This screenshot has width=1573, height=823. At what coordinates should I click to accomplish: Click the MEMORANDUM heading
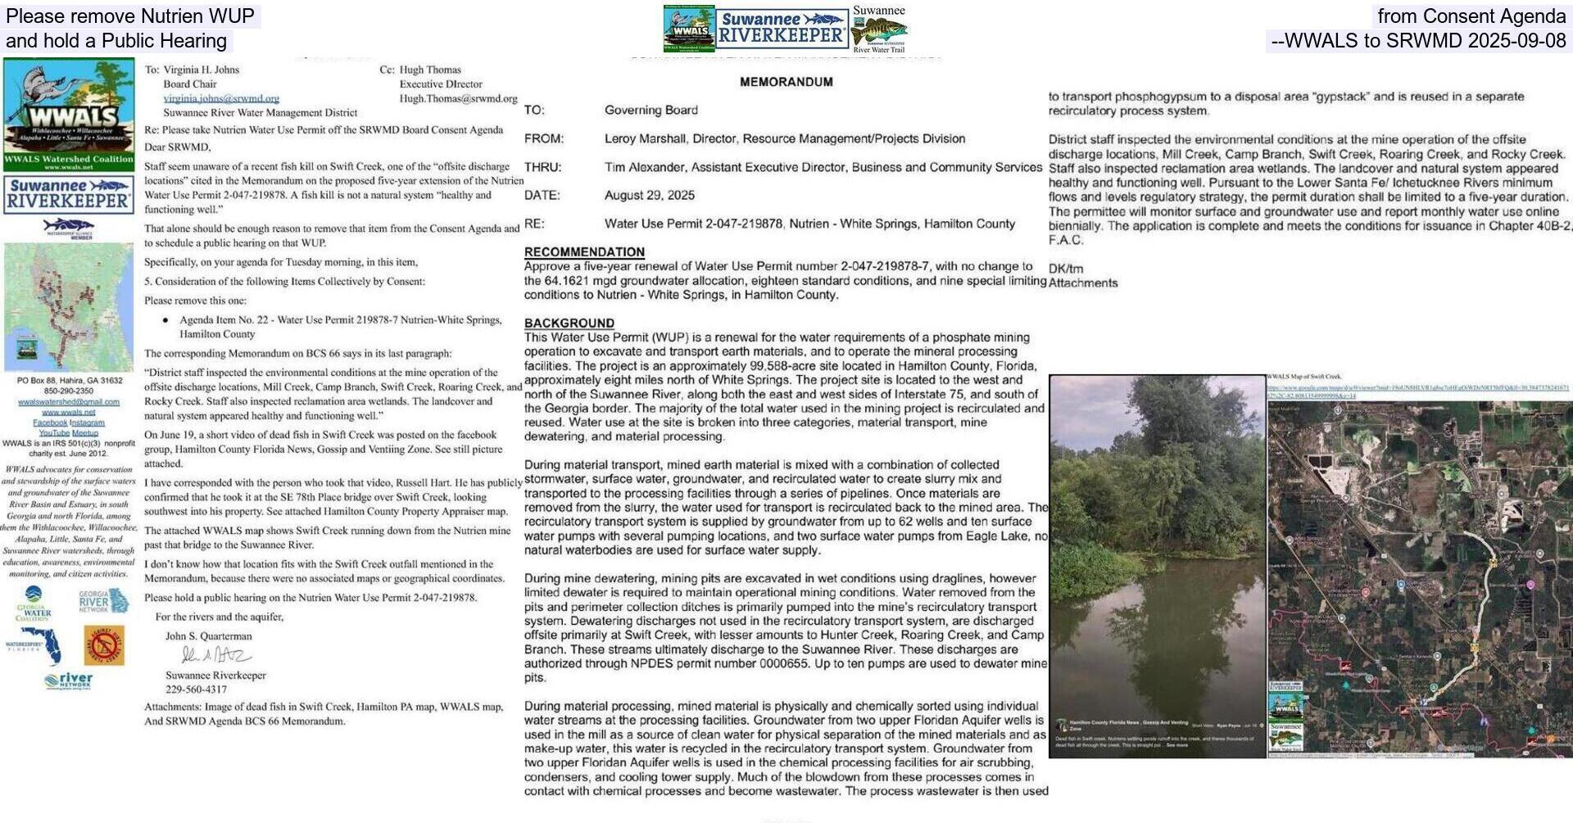point(786,82)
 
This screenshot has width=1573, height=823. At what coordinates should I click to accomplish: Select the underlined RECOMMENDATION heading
point(584,252)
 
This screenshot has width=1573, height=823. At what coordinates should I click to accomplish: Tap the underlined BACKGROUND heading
point(569,323)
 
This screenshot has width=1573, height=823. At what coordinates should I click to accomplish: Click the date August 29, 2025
point(649,196)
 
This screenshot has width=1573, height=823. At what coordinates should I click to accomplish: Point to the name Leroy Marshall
point(643,139)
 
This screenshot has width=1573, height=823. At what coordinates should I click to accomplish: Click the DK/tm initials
point(1065,269)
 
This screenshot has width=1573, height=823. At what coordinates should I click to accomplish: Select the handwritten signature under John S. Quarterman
point(215,655)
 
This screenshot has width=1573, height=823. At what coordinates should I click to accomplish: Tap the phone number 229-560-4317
point(196,690)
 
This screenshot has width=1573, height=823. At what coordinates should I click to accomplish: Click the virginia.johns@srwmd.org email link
point(221,98)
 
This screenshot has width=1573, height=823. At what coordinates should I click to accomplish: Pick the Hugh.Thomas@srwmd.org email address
point(458,98)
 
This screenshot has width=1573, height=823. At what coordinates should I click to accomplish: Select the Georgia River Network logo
point(103,602)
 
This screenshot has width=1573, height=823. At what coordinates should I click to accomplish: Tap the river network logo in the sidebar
point(69,681)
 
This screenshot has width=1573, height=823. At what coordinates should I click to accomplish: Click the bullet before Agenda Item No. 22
point(166,320)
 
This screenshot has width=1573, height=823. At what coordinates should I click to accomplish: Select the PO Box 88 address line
point(70,381)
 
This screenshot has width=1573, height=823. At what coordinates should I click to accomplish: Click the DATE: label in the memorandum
point(542,196)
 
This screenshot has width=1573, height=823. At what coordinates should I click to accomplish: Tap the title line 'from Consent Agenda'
point(1471,16)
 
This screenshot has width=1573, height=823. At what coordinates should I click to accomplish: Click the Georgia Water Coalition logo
point(33,604)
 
